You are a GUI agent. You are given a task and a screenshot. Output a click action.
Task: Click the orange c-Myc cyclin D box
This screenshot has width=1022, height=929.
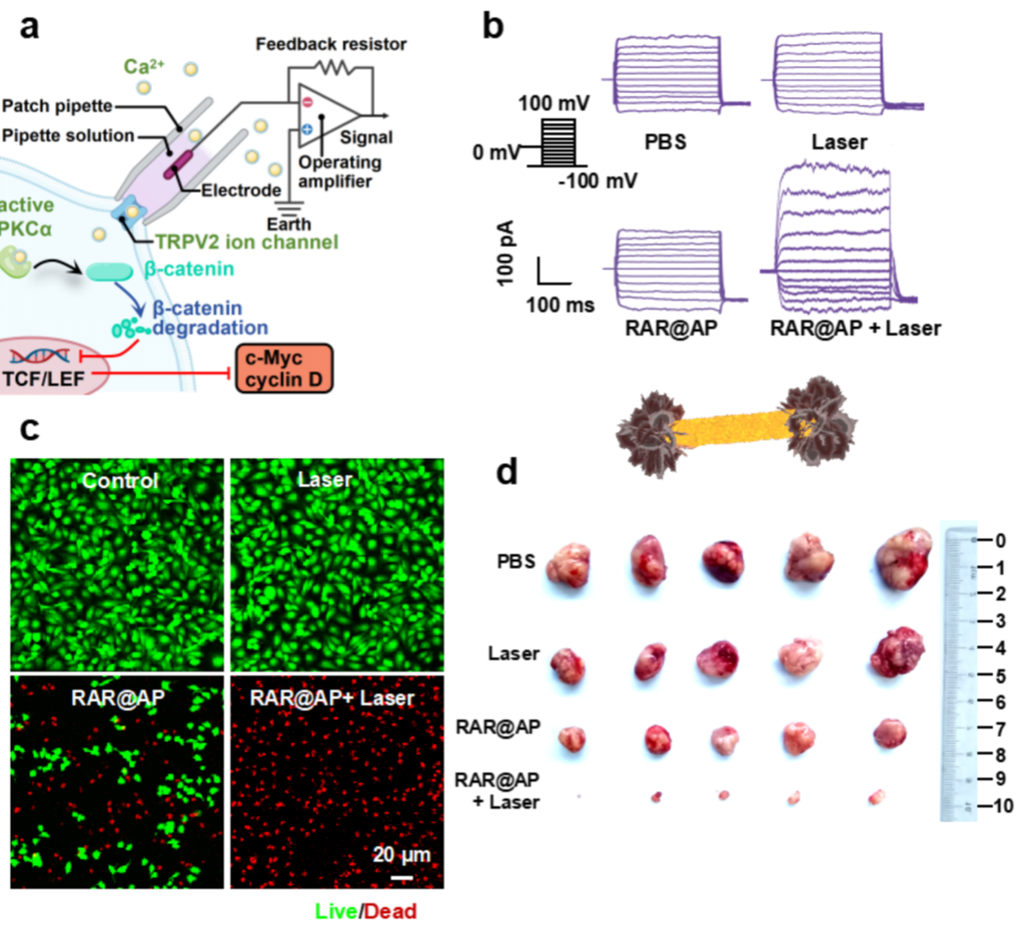pyautogui.click(x=283, y=368)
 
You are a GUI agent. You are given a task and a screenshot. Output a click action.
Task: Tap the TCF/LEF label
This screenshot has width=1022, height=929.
pyautogui.click(x=43, y=378)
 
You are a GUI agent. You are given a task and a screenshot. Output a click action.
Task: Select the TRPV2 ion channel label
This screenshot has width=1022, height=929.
pyautogui.click(x=247, y=241)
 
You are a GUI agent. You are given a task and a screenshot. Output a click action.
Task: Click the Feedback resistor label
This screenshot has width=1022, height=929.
pyautogui.click(x=331, y=44)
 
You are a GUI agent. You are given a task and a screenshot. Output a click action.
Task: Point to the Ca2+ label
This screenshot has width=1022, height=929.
pyautogui.click(x=143, y=66)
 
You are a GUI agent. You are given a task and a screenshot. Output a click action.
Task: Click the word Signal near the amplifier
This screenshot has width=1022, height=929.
pyautogui.click(x=365, y=137)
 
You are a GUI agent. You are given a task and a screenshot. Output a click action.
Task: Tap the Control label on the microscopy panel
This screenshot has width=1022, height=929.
pyautogui.click(x=120, y=480)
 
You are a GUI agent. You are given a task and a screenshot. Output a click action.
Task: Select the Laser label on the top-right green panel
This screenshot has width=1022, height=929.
pyautogui.click(x=325, y=480)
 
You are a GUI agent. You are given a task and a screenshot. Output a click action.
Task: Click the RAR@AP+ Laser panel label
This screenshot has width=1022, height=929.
pyautogui.click(x=332, y=698)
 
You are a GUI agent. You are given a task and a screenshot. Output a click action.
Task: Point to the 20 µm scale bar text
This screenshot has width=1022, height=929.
pyautogui.click(x=401, y=855)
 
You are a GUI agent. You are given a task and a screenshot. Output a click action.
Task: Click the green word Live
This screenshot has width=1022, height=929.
pyautogui.click(x=335, y=912)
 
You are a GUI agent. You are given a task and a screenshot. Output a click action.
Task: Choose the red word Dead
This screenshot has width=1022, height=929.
pyautogui.click(x=390, y=912)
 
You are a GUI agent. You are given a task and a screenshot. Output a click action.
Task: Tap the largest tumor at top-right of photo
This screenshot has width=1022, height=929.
pyautogui.click(x=904, y=558)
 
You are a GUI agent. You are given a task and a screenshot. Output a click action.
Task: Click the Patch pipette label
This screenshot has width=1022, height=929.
pyautogui.click(x=57, y=106)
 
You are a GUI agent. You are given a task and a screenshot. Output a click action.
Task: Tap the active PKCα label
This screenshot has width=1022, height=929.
pyautogui.click(x=26, y=217)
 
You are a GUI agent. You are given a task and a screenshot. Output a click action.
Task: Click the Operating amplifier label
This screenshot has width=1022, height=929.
pyautogui.click(x=339, y=172)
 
